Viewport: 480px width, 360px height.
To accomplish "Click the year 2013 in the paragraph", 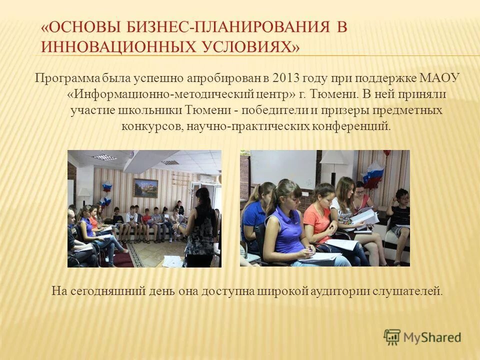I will coord(286,78).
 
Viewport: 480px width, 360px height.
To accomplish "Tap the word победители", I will coord(267,110).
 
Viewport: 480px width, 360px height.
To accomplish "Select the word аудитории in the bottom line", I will coord(340,290).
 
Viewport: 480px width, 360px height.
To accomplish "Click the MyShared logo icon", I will coord(392,337).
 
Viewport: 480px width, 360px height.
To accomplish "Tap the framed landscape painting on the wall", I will coord(145,187).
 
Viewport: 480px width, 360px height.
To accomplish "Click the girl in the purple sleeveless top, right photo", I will coord(287,225).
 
